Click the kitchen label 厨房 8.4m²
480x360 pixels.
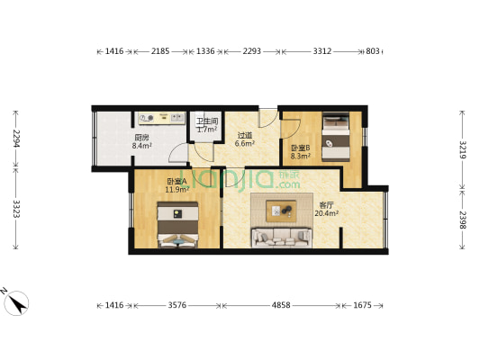point(142,141)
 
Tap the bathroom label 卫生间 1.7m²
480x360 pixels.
point(207,125)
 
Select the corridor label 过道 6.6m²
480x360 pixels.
point(245,139)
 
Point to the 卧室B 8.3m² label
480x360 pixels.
point(300,150)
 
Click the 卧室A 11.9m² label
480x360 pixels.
point(176,185)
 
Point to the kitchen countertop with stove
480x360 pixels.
point(161,116)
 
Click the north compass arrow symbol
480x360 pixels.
point(15,301)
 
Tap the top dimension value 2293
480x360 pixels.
point(251,52)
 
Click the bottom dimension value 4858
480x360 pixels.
point(281,306)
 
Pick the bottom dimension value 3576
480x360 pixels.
point(177,306)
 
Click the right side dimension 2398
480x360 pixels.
point(462,218)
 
